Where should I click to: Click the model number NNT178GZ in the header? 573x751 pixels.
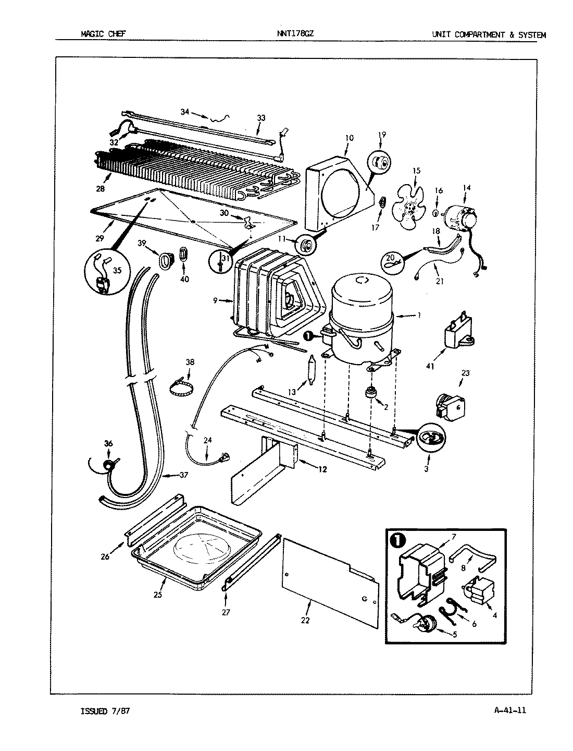[x=295, y=34]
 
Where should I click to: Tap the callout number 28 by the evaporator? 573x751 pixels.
[x=100, y=188]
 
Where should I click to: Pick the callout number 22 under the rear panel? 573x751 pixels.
[x=305, y=620]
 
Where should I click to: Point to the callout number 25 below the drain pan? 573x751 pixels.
[x=158, y=595]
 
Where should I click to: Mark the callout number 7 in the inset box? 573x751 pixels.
[x=454, y=537]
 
